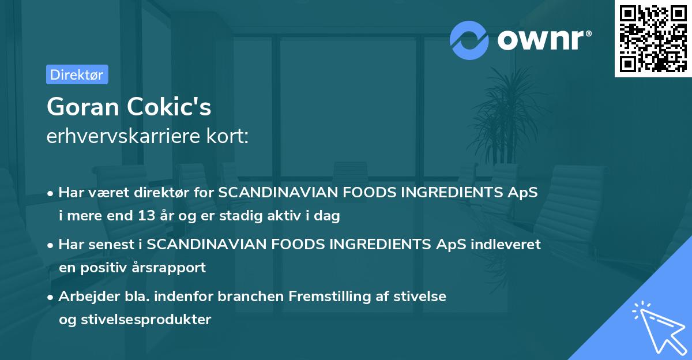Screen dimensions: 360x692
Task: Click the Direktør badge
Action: [x=77, y=74]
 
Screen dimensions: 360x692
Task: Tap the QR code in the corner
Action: [x=653, y=38]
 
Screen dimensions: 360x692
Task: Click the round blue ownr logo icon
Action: [x=469, y=40]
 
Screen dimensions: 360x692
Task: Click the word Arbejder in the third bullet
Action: [x=84, y=296]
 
